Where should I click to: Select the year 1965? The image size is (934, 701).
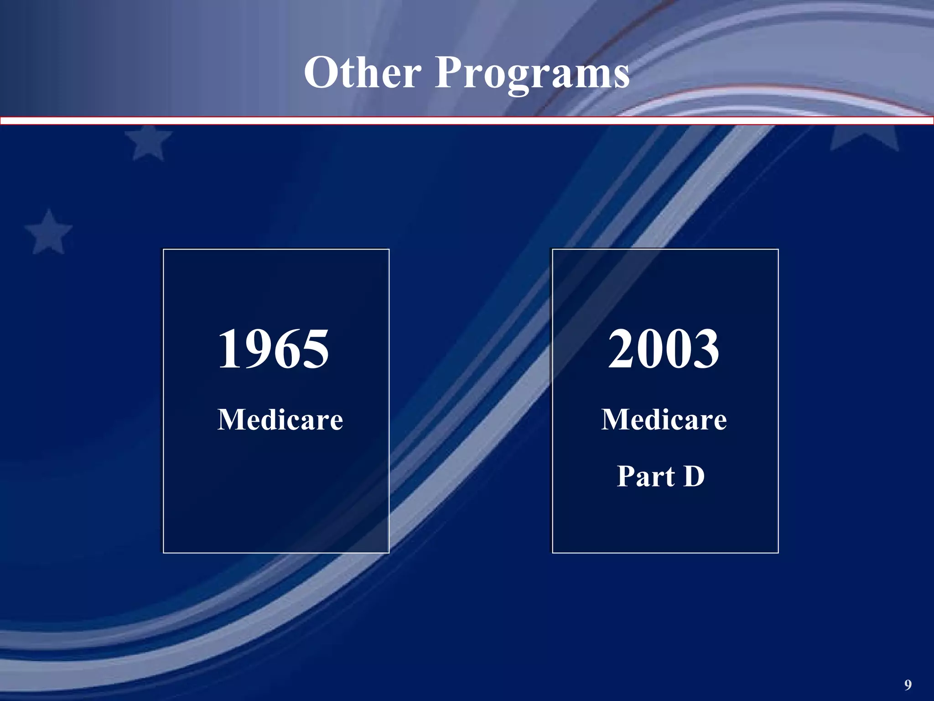[x=273, y=350]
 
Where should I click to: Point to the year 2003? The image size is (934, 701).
[x=664, y=350]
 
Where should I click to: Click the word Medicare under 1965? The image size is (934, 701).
[x=280, y=419]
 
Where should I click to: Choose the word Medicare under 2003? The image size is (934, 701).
[x=664, y=419]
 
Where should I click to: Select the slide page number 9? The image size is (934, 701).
[x=908, y=685]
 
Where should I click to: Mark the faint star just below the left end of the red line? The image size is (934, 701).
[x=149, y=142]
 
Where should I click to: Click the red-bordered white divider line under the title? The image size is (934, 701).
[x=467, y=121]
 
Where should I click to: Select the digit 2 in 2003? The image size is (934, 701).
[x=622, y=350]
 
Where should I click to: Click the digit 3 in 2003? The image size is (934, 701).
[x=706, y=350]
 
